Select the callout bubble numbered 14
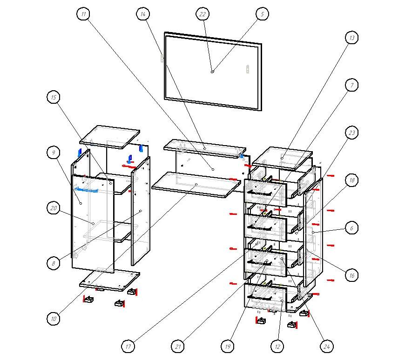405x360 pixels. [143, 14]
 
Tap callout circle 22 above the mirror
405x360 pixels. [202, 14]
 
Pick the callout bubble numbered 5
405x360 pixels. [262, 14]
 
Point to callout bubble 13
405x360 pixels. [352, 38]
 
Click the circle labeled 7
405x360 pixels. [352, 85]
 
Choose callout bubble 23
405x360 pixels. [352, 133]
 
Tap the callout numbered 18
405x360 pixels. [352, 180]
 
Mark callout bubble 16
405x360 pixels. [352, 275]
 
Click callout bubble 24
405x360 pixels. [327, 346]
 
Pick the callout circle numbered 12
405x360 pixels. [277, 346]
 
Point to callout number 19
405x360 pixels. [227, 346]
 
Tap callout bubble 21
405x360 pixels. [177, 346]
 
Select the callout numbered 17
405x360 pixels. [128, 346]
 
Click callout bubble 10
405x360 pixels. [54, 319]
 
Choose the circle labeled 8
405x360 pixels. [54, 263]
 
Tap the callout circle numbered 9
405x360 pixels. [54, 152]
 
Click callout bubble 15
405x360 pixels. [54, 97]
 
